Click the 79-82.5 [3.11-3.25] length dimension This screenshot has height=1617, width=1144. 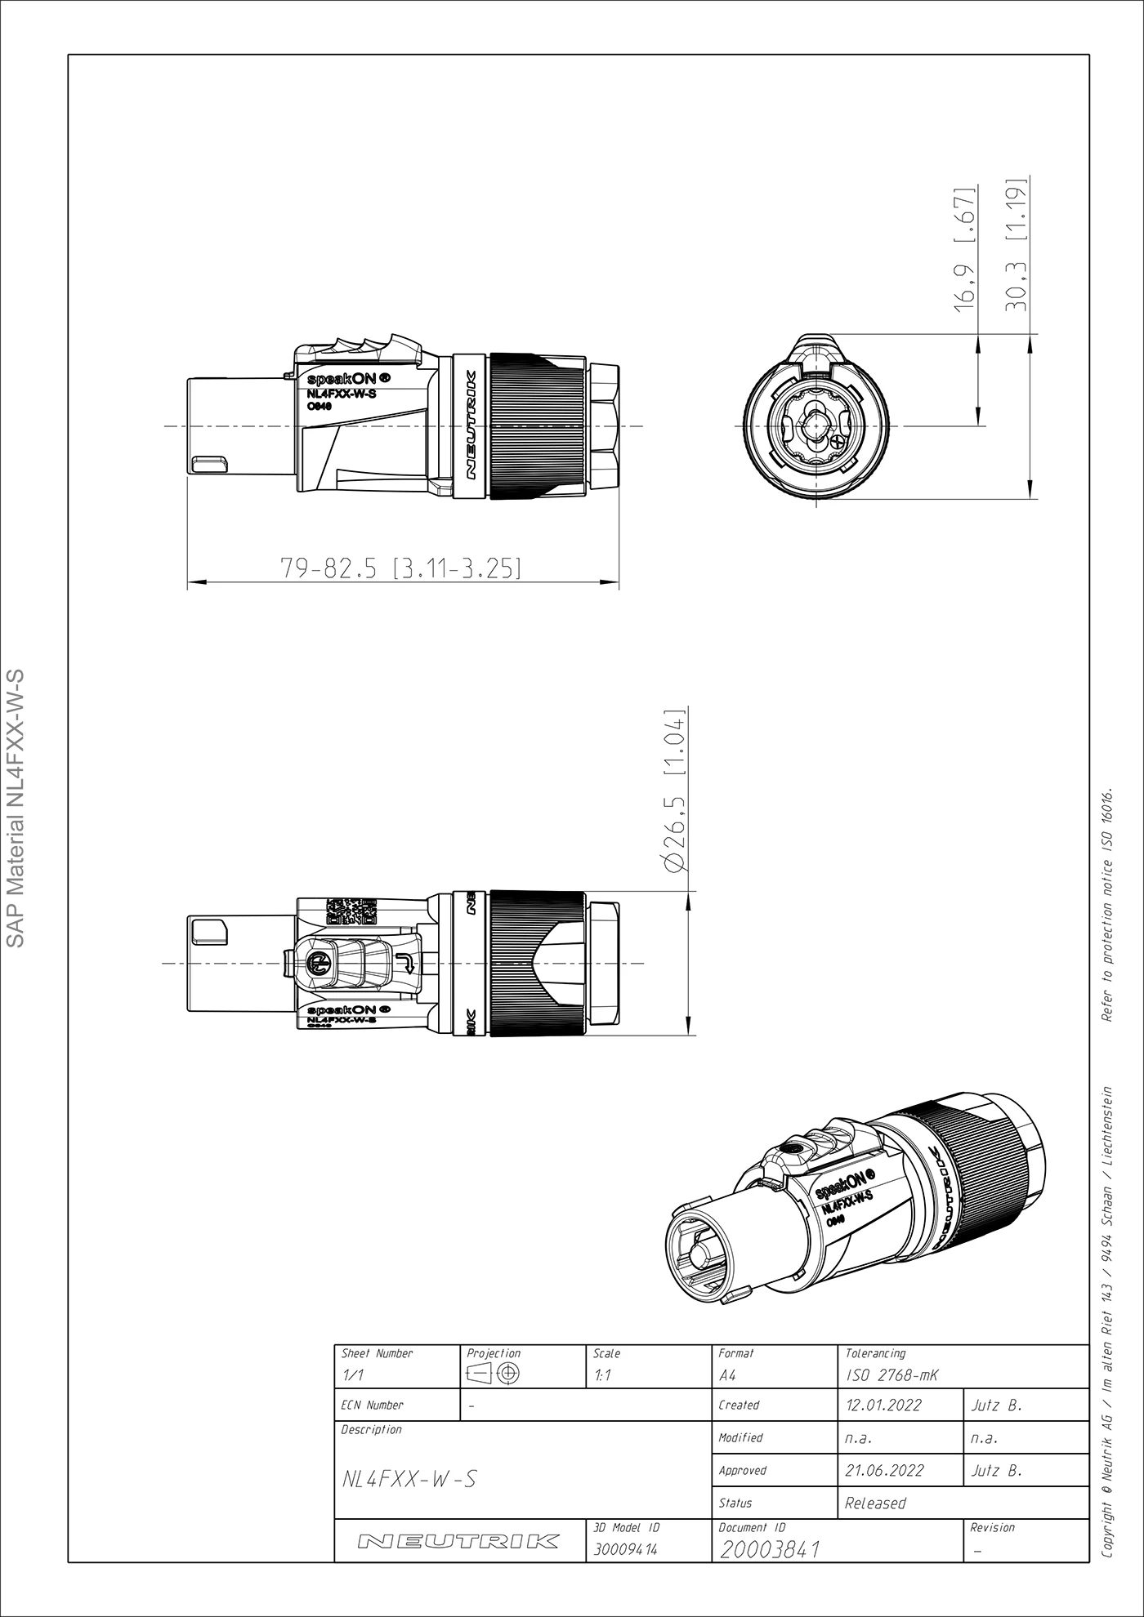point(400,568)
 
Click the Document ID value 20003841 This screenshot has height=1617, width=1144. point(770,1549)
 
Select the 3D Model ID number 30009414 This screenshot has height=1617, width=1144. point(625,1549)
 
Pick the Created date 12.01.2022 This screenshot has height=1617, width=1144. point(883,1405)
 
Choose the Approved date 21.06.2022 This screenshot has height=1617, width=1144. point(884,1471)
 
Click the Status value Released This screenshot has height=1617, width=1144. point(875,1503)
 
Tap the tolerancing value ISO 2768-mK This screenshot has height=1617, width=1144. point(892,1375)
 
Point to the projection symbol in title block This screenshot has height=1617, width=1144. point(495,1374)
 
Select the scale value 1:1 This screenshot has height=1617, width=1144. point(601,1375)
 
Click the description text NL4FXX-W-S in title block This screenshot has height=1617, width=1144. point(409,1479)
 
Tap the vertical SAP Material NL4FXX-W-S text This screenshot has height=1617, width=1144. point(19,808)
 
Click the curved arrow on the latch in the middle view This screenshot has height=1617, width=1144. point(404,964)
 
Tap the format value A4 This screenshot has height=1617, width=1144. point(727,1375)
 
